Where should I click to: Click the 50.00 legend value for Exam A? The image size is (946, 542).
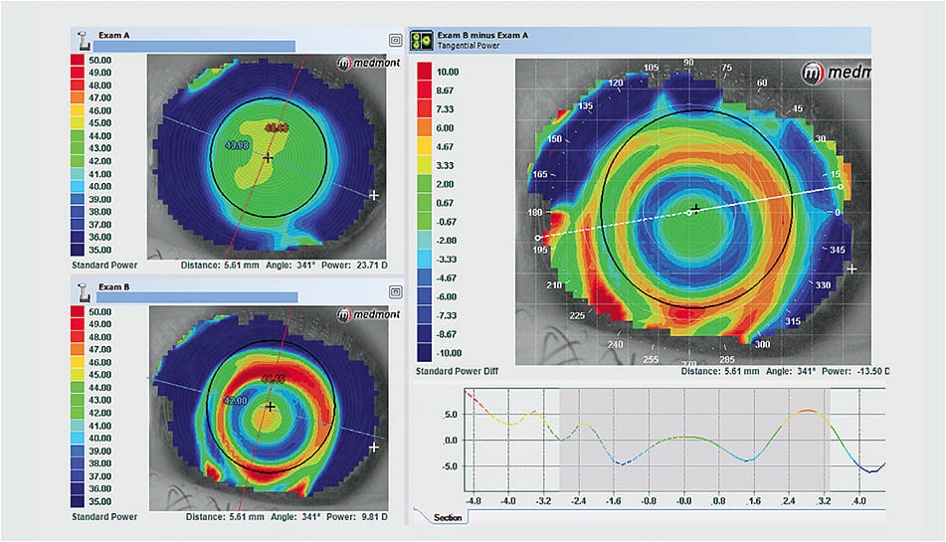[101, 61]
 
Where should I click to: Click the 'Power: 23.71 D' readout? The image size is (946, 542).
[358, 266]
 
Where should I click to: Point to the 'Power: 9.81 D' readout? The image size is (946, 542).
[361, 516]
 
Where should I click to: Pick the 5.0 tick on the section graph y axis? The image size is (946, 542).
[450, 414]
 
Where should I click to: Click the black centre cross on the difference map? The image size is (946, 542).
[694, 207]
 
